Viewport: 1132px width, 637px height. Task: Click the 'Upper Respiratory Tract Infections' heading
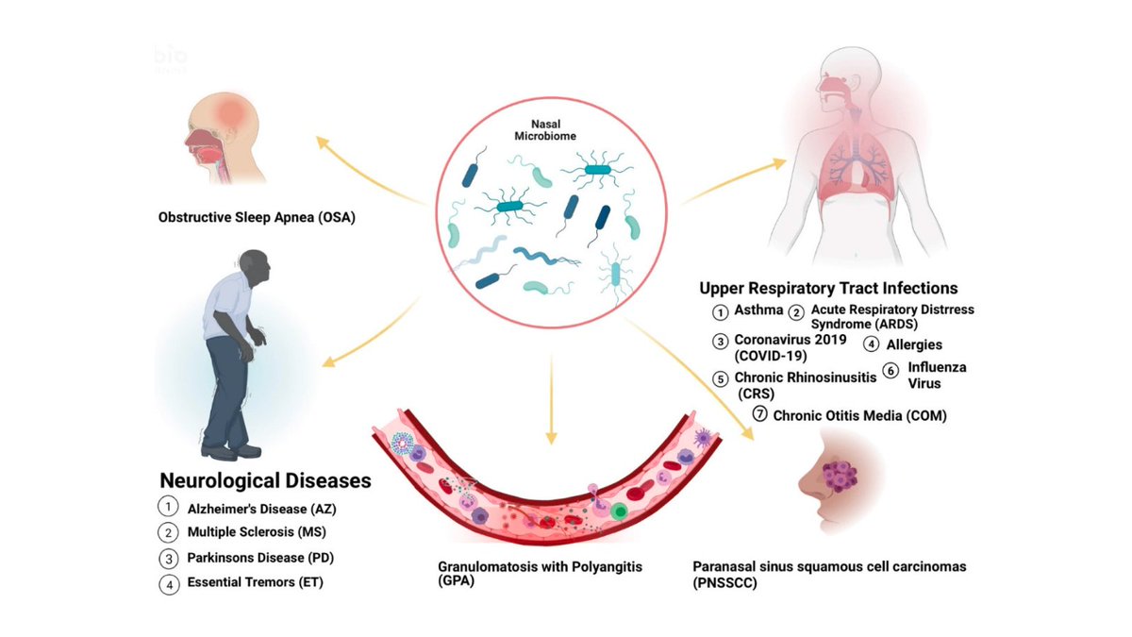click(829, 288)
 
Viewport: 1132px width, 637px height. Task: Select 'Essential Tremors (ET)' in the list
click(254, 582)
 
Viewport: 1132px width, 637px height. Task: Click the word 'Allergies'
click(914, 345)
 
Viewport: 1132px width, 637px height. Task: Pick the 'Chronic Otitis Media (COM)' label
click(859, 414)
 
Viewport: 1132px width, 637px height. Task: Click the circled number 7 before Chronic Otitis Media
click(759, 414)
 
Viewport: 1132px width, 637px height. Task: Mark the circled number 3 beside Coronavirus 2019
click(721, 340)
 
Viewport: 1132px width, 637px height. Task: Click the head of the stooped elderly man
click(254, 270)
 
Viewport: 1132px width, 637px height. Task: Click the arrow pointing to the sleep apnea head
click(368, 170)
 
